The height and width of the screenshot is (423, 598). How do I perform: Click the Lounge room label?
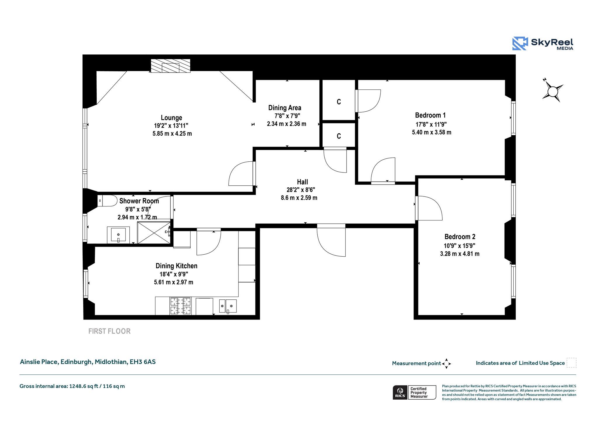pyautogui.click(x=171, y=118)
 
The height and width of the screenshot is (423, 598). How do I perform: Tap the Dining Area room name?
pyautogui.click(x=285, y=108)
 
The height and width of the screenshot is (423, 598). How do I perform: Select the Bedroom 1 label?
pyautogui.click(x=430, y=115)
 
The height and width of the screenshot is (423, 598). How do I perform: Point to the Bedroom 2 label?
pyautogui.click(x=460, y=237)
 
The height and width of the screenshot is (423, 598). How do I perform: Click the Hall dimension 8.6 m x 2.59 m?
pyautogui.click(x=299, y=198)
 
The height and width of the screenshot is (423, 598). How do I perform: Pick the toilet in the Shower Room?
pyautogui.click(x=107, y=201)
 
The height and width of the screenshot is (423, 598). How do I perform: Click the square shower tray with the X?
pyautogui.click(x=154, y=233)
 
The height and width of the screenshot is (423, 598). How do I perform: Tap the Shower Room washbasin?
pyautogui.click(x=118, y=235)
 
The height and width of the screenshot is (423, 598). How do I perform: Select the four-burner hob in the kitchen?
pyautogui.click(x=180, y=306)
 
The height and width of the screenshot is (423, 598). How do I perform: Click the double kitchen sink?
pyautogui.click(x=228, y=306)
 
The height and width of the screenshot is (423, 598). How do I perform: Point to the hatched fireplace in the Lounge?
pyautogui.click(x=171, y=66)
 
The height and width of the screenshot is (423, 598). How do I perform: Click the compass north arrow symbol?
pyautogui.click(x=552, y=91)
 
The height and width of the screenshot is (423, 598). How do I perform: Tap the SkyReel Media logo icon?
pyautogui.click(x=520, y=44)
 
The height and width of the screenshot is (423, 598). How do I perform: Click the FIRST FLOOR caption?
pyautogui.click(x=109, y=331)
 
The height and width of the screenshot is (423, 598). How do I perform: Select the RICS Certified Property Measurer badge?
pyautogui.click(x=414, y=392)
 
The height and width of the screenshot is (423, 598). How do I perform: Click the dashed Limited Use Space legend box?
pyautogui.click(x=571, y=362)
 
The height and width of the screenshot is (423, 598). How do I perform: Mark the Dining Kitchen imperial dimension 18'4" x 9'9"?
pyautogui.click(x=174, y=274)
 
